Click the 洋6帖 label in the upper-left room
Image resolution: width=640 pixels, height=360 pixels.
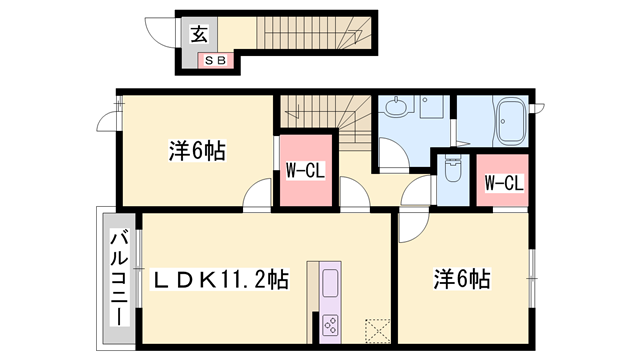pos(196,152)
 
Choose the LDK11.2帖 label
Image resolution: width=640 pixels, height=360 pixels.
pos(220,280)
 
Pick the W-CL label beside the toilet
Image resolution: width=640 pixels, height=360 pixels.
pos(503,182)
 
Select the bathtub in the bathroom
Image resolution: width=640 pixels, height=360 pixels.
pos(510,122)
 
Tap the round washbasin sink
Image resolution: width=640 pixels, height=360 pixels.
pos(398,105)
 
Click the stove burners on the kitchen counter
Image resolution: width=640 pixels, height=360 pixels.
pos(331,323)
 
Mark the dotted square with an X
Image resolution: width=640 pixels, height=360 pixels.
pos(378,331)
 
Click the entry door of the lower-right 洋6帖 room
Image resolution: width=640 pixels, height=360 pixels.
pos(412,226)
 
